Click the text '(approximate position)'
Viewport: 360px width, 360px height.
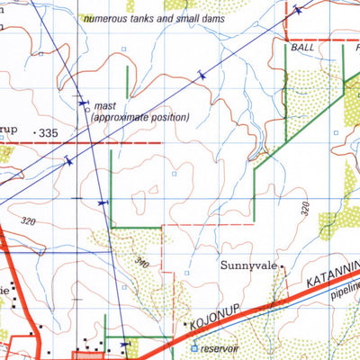pos(140,118)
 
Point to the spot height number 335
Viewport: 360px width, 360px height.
pos(49,133)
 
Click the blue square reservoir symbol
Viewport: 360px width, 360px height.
pos(193,346)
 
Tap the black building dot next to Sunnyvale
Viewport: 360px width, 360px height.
pos(282,266)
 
